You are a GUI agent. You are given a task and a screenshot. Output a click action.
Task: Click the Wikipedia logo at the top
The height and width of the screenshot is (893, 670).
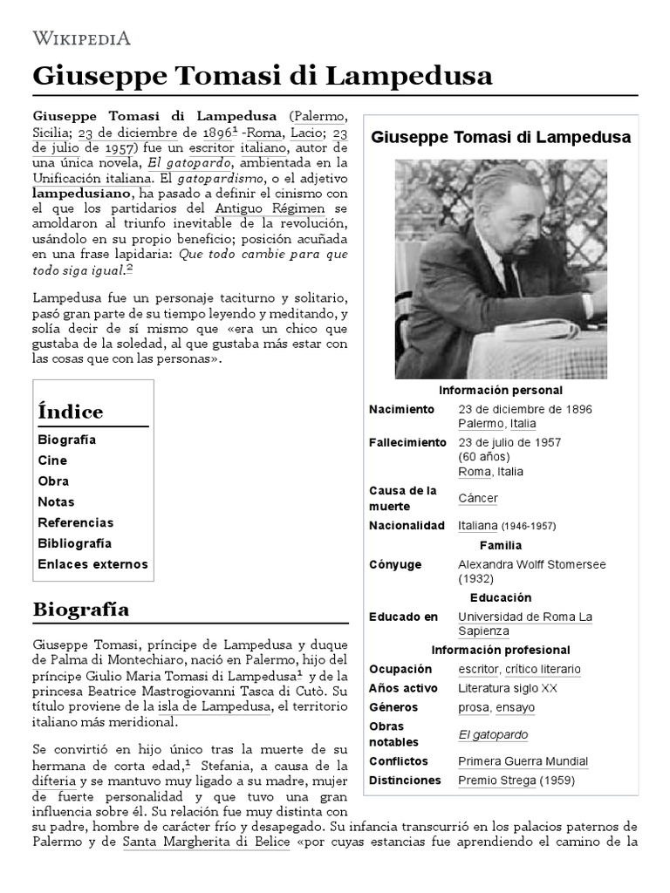click(81, 37)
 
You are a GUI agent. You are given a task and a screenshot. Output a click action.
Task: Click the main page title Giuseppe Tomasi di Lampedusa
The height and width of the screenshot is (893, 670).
click(262, 76)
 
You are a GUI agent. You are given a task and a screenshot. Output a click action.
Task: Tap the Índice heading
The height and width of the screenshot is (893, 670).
click(70, 412)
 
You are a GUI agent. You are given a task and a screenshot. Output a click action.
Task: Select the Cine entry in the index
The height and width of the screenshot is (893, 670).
click(52, 460)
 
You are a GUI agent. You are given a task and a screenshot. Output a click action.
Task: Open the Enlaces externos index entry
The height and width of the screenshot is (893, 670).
click(92, 564)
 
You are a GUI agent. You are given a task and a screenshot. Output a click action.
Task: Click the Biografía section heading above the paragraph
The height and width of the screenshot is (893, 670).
click(80, 610)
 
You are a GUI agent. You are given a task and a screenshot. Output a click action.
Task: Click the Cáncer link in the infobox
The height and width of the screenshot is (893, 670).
click(478, 498)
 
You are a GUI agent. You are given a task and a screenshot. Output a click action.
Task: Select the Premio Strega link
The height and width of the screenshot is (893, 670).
click(496, 781)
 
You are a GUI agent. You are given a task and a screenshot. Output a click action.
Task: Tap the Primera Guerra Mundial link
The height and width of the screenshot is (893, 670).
click(523, 761)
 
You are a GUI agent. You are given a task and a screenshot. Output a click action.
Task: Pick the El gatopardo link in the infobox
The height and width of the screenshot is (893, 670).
click(493, 734)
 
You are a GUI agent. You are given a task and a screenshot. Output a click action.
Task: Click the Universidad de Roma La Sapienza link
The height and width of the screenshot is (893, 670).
click(524, 624)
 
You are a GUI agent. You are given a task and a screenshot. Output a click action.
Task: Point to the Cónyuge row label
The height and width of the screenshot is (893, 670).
click(394, 564)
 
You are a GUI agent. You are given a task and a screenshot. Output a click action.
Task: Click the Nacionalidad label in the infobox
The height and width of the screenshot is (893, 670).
click(407, 526)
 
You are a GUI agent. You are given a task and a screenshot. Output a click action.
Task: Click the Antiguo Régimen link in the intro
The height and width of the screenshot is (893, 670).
click(269, 208)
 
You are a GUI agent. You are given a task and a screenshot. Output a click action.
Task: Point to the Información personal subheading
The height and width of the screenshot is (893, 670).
click(500, 390)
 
